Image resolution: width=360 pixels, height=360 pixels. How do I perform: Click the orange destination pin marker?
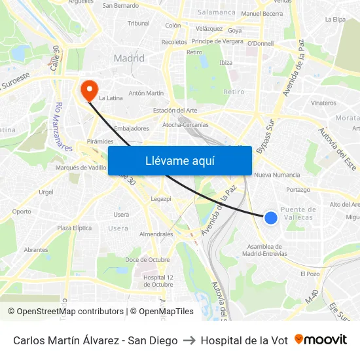[x=87, y=89]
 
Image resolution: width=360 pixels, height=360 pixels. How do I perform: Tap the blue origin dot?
[x=271, y=218]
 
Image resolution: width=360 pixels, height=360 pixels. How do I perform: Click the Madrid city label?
[x=129, y=58]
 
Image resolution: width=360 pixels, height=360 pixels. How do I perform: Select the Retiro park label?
[x=234, y=92]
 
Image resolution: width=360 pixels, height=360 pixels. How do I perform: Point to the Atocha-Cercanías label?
[x=185, y=124]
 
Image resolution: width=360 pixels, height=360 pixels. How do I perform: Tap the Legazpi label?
[x=160, y=198]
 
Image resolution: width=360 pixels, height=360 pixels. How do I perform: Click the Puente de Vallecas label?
[x=298, y=213]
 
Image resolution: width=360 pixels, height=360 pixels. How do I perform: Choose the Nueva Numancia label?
[x=277, y=175]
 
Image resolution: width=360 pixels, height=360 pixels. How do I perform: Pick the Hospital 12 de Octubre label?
[x=158, y=281]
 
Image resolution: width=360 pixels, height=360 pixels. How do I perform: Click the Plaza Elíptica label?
[x=74, y=228]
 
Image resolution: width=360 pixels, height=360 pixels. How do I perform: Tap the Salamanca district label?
[x=217, y=12]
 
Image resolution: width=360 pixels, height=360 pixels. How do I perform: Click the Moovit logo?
[x=321, y=340]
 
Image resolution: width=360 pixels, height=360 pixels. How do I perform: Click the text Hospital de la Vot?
[x=244, y=340]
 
